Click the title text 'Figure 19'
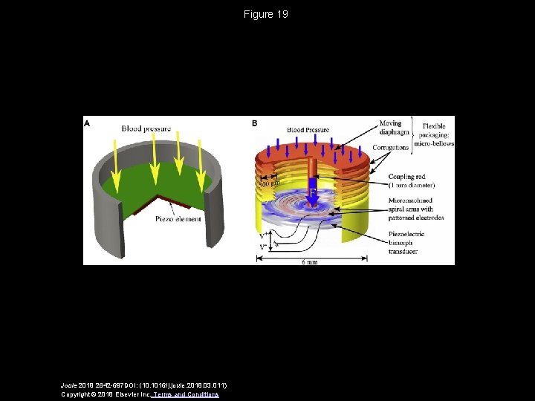click(x=266, y=14)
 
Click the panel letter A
click(x=88, y=123)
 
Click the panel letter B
click(x=255, y=123)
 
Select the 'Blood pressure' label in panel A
click(x=146, y=128)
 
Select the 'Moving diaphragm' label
click(x=390, y=128)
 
